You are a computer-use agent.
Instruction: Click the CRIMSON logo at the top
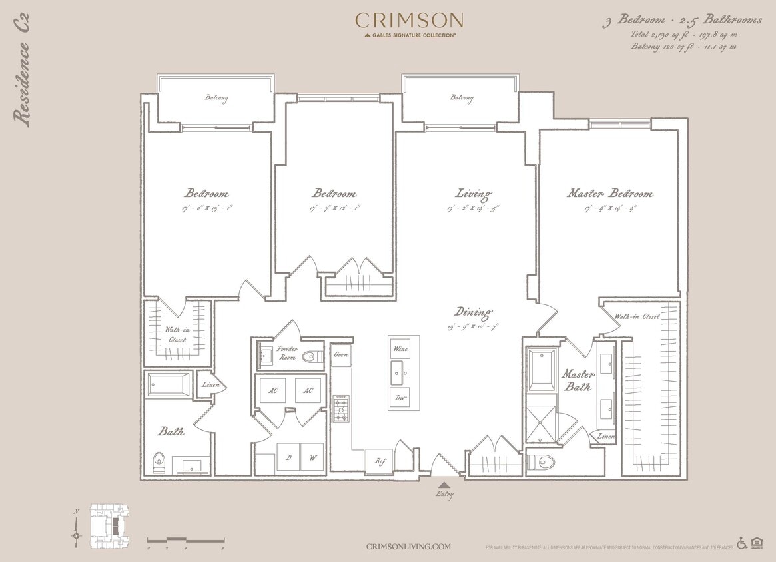(x=409, y=20)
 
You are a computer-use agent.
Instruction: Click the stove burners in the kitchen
(x=342, y=408)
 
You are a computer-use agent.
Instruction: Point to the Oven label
(x=341, y=355)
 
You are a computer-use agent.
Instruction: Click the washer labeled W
(x=311, y=457)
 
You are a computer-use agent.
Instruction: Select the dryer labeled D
(x=288, y=457)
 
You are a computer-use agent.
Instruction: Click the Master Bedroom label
(x=609, y=194)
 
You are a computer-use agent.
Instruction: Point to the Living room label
(x=473, y=194)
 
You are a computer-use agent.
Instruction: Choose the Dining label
(x=473, y=312)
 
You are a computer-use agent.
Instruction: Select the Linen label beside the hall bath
(x=210, y=385)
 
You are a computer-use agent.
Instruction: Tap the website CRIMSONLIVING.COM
(x=408, y=546)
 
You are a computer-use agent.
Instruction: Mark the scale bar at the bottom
(x=185, y=539)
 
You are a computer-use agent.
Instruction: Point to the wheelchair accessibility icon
(x=742, y=543)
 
